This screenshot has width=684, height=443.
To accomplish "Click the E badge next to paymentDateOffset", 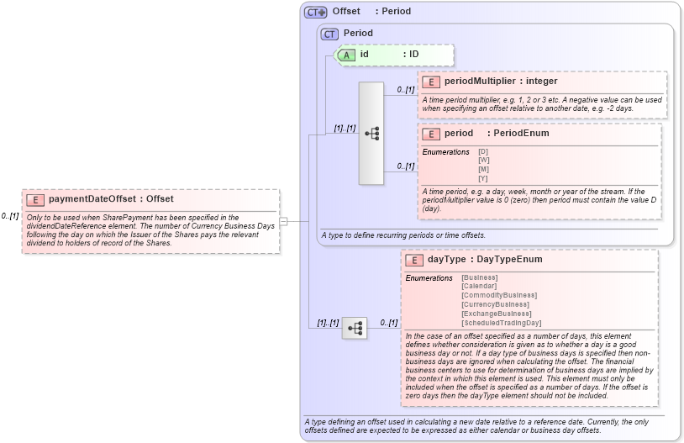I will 36,199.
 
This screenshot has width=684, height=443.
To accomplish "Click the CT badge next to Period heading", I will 330,34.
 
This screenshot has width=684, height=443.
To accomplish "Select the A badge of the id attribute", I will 347,55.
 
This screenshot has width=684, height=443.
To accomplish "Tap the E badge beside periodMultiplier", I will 431,82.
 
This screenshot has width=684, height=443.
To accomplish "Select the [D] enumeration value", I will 483,151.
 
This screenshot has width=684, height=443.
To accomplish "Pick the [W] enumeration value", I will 484,160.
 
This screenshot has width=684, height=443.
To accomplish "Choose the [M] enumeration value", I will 484,169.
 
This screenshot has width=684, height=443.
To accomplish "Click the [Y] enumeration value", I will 483,178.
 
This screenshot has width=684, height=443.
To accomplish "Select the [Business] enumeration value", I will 480,277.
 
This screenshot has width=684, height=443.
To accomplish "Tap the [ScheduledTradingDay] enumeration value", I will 502,323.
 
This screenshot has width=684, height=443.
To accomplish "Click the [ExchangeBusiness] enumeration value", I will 496,314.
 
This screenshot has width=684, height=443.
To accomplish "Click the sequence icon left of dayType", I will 354,327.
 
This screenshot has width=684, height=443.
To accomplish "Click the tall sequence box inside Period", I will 371,133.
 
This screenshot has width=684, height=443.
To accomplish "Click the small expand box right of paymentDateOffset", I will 284,221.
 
